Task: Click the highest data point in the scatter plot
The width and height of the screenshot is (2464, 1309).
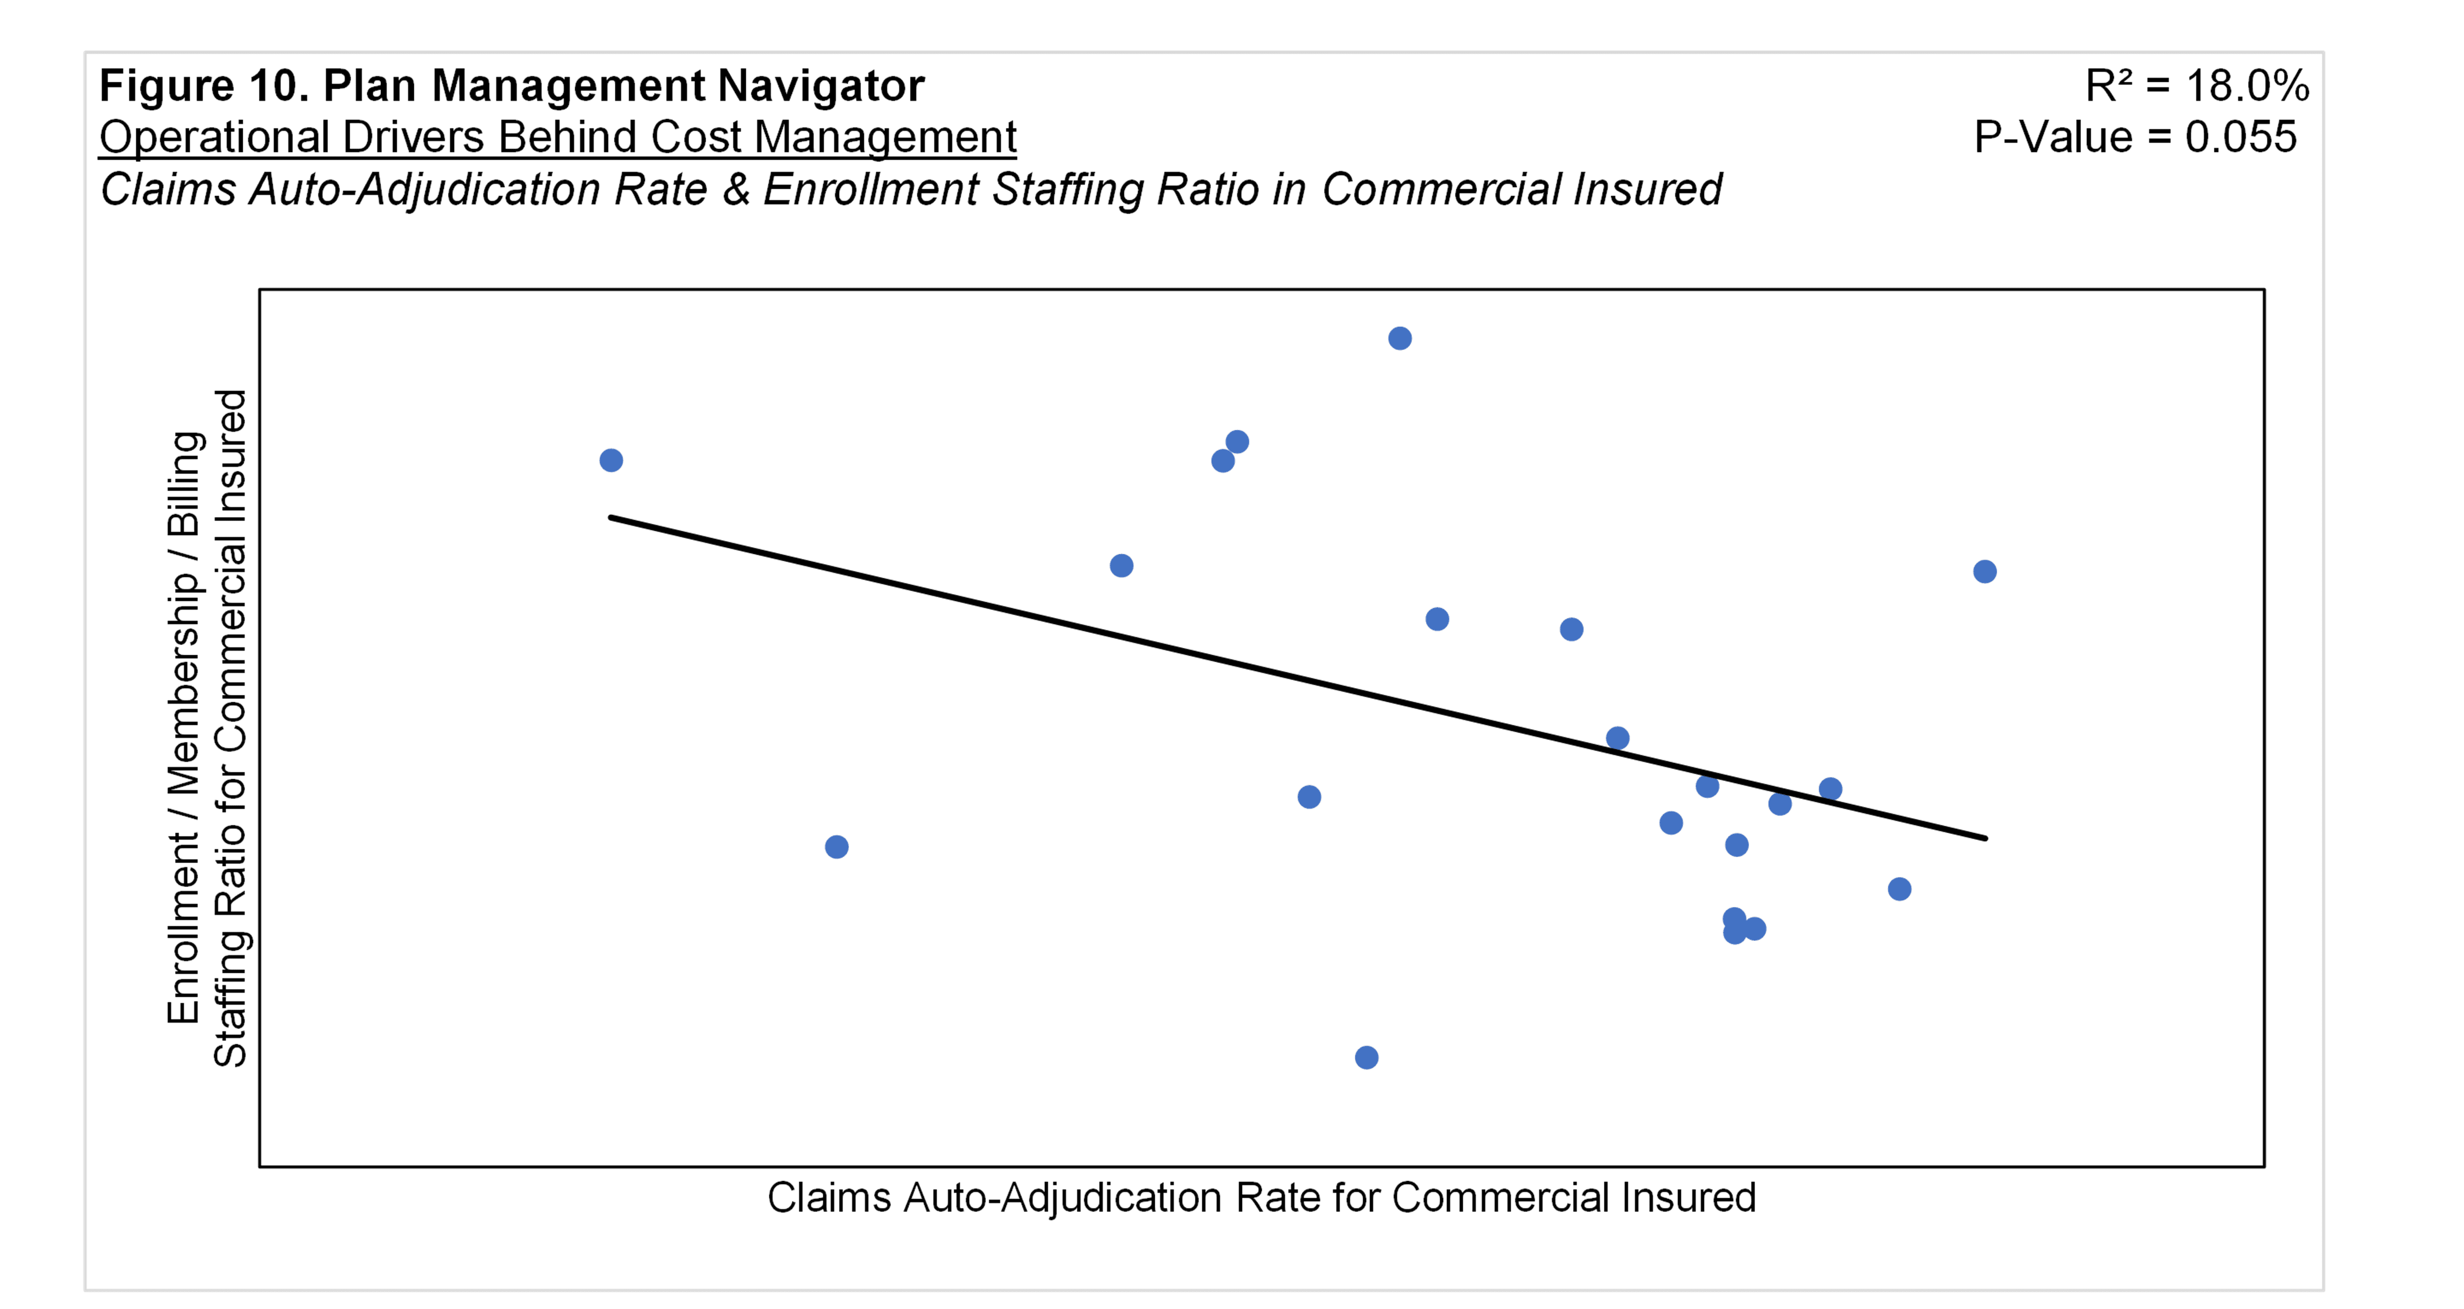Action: click(1399, 339)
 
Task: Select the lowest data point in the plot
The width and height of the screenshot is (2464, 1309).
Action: click(1367, 1058)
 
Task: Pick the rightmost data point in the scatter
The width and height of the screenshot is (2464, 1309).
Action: click(1985, 572)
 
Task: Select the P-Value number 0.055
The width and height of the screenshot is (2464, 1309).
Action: click(2240, 137)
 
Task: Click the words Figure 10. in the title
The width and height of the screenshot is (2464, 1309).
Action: click(203, 86)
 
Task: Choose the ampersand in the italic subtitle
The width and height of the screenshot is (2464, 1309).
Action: click(736, 189)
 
